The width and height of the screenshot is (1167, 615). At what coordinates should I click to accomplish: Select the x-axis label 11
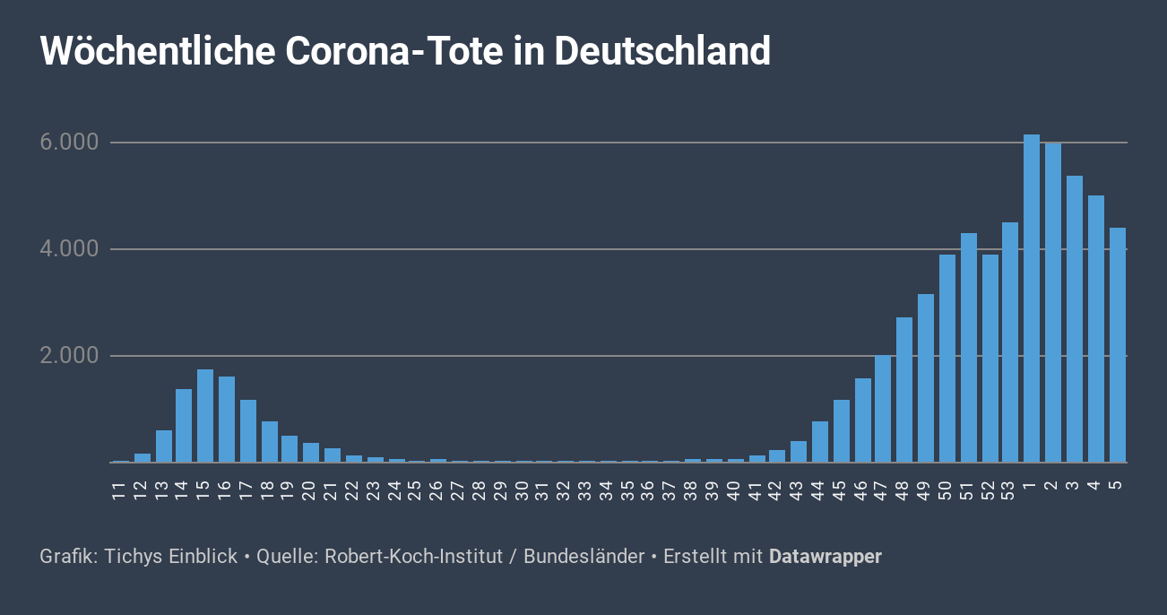pos(119,489)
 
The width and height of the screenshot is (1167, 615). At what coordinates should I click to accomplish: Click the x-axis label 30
pos(523,489)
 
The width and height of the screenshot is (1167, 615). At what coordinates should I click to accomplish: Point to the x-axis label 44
pos(819,489)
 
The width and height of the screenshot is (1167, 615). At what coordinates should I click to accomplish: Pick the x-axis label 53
pos(1009,489)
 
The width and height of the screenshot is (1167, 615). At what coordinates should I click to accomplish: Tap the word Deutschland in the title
pos(662,52)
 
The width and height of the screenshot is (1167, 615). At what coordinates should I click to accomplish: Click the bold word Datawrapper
pos(825,557)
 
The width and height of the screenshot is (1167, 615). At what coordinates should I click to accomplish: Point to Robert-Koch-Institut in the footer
pos(413,557)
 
